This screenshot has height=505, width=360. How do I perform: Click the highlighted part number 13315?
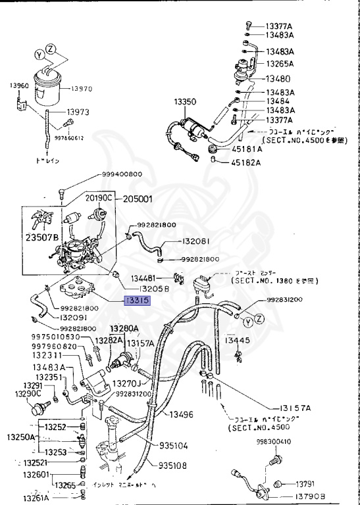point(139,301)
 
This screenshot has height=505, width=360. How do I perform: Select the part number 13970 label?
point(84,88)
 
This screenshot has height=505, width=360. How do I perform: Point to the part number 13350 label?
point(185,103)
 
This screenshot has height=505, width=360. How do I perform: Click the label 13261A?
point(22,498)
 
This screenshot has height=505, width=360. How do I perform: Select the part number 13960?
point(19,85)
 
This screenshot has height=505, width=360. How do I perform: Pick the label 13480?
point(277,78)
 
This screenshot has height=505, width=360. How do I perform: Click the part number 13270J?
point(126,383)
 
